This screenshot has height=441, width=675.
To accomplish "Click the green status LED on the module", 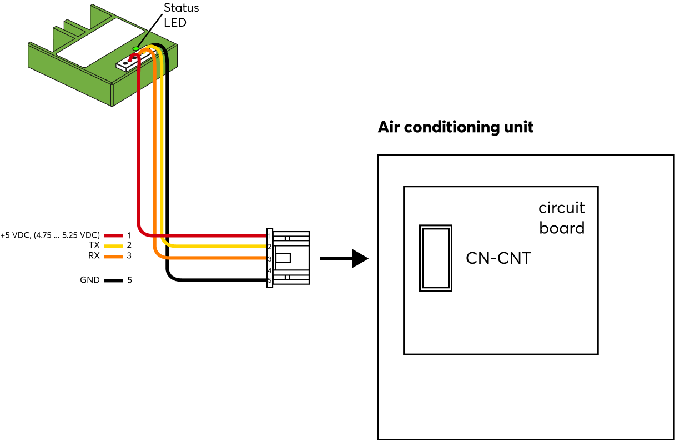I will click(x=135, y=49).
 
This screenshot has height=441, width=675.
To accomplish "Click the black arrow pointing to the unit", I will click(x=344, y=259).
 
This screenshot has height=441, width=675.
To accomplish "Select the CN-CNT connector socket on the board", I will click(x=436, y=258).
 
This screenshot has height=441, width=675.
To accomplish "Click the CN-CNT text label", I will click(x=498, y=258).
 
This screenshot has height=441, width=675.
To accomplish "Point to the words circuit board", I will click(x=561, y=218).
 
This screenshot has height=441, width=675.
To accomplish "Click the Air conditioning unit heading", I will click(x=455, y=127).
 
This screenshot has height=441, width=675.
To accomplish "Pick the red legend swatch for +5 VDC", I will click(x=113, y=235).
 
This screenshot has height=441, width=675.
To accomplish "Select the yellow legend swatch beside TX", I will click(x=113, y=245).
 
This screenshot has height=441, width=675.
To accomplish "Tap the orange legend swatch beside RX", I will click(x=113, y=256).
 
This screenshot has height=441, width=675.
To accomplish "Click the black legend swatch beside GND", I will click(x=113, y=281).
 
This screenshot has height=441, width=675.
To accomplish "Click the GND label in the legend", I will click(x=90, y=280).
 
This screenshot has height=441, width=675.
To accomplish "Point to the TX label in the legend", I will click(x=94, y=245).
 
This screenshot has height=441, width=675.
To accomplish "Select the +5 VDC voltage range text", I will click(x=51, y=235).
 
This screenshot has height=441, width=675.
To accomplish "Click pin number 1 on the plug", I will click(x=269, y=236).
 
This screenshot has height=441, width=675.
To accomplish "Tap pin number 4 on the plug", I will click(x=269, y=270).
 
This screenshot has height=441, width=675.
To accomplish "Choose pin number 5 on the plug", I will click(x=269, y=280).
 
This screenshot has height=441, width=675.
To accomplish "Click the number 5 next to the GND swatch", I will click(x=129, y=280).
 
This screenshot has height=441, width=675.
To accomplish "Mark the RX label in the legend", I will click(x=94, y=255).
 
